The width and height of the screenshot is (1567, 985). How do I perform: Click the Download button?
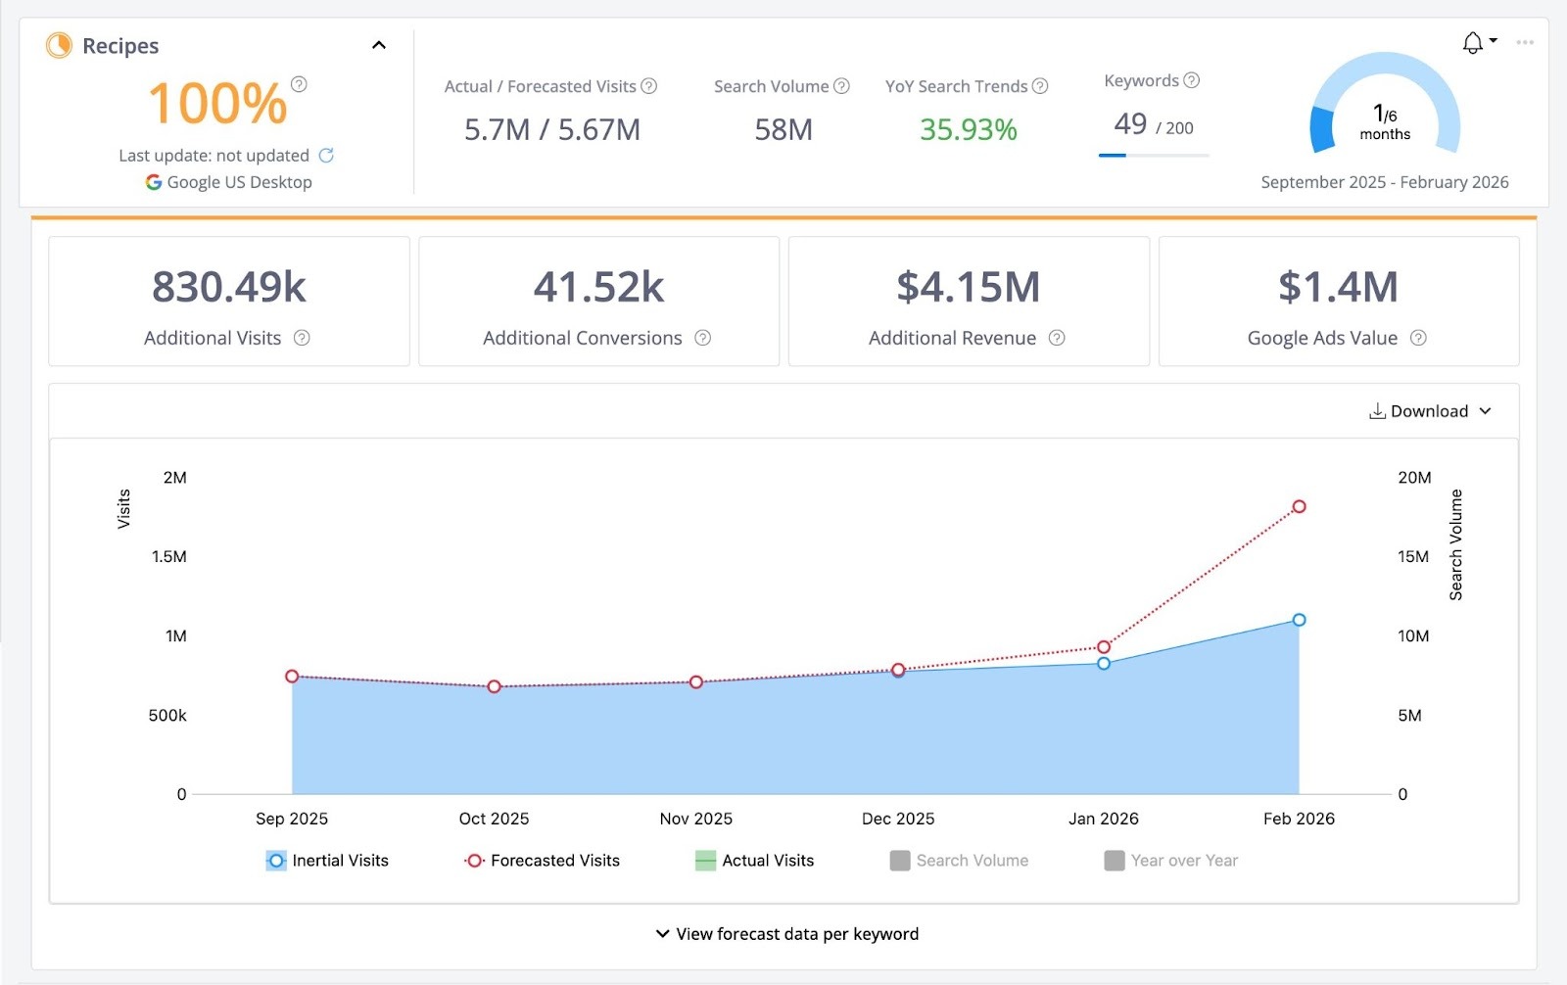point(1429,411)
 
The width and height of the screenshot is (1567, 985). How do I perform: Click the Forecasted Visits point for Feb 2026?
point(1299,506)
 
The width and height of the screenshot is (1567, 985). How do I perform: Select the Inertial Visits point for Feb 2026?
point(1299,620)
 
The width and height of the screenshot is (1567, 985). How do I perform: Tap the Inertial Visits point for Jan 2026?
point(1104,664)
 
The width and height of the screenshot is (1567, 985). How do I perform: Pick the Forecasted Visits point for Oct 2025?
point(495,687)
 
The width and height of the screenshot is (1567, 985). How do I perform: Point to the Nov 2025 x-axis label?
point(695,819)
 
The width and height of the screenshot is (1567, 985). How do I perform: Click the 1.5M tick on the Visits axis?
point(168,556)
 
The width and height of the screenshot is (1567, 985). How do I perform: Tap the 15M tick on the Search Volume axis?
point(1412,556)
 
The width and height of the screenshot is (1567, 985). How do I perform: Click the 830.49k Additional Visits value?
point(229,287)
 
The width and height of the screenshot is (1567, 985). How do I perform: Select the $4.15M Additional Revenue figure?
point(968,287)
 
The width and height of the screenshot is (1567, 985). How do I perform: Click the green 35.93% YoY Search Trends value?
point(968,129)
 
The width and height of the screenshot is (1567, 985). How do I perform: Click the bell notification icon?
point(1472,43)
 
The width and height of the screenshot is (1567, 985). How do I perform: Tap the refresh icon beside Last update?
point(326,155)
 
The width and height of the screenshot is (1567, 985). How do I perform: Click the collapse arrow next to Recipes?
point(379,45)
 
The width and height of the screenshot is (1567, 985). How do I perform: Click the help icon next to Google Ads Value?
point(1418,338)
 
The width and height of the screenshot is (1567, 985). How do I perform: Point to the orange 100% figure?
point(217,104)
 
